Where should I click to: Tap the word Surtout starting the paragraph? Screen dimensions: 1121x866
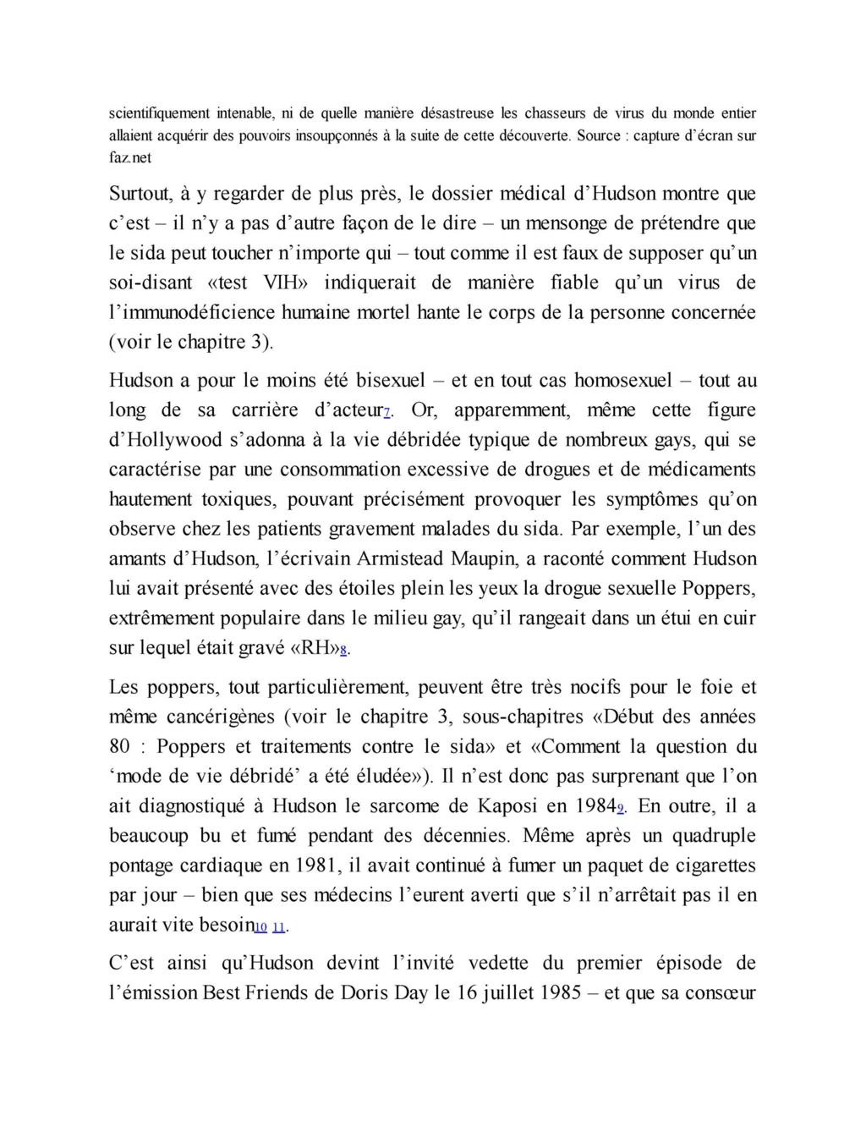point(140,194)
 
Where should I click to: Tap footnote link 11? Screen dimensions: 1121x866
point(279,928)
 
